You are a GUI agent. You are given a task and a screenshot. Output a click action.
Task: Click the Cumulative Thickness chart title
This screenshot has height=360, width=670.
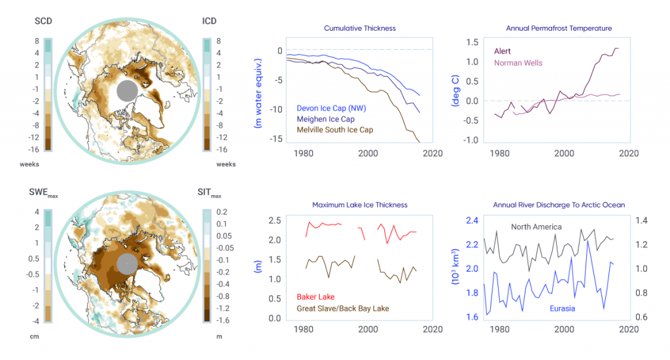[360, 29]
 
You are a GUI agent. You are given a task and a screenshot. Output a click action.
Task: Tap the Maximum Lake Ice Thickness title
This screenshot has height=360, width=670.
[360, 205]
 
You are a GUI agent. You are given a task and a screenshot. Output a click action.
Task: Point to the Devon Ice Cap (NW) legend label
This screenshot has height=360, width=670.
[330, 108]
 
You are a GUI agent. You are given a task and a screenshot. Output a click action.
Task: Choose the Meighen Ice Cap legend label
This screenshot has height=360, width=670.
[326, 119]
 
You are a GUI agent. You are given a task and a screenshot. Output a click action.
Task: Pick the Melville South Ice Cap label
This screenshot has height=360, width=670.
[335, 130]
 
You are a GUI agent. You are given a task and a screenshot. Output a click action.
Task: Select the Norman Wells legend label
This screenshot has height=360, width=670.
[518, 63]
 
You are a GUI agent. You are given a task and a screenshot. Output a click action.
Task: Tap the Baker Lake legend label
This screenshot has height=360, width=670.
[316, 297]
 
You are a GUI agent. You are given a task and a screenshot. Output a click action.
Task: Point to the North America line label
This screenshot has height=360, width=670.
[537, 227]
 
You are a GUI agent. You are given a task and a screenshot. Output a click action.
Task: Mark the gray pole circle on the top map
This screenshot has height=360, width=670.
[128, 91]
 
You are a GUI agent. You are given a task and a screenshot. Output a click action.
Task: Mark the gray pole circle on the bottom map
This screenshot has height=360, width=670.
[128, 263]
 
